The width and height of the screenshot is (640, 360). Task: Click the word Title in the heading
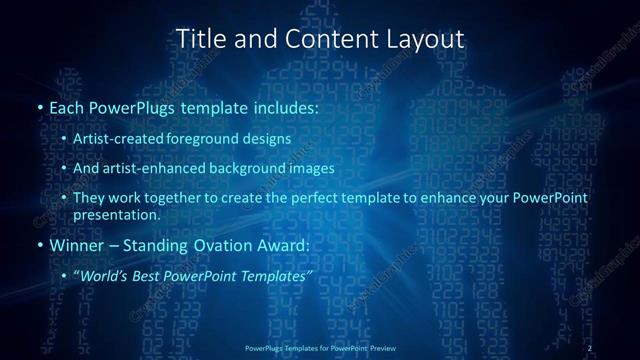click(x=200, y=38)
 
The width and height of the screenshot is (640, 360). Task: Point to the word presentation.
click(x=116, y=214)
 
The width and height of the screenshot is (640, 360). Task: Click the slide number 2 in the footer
click(x=590, y=347)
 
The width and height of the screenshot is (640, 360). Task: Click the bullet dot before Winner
click(x=39, y=245)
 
